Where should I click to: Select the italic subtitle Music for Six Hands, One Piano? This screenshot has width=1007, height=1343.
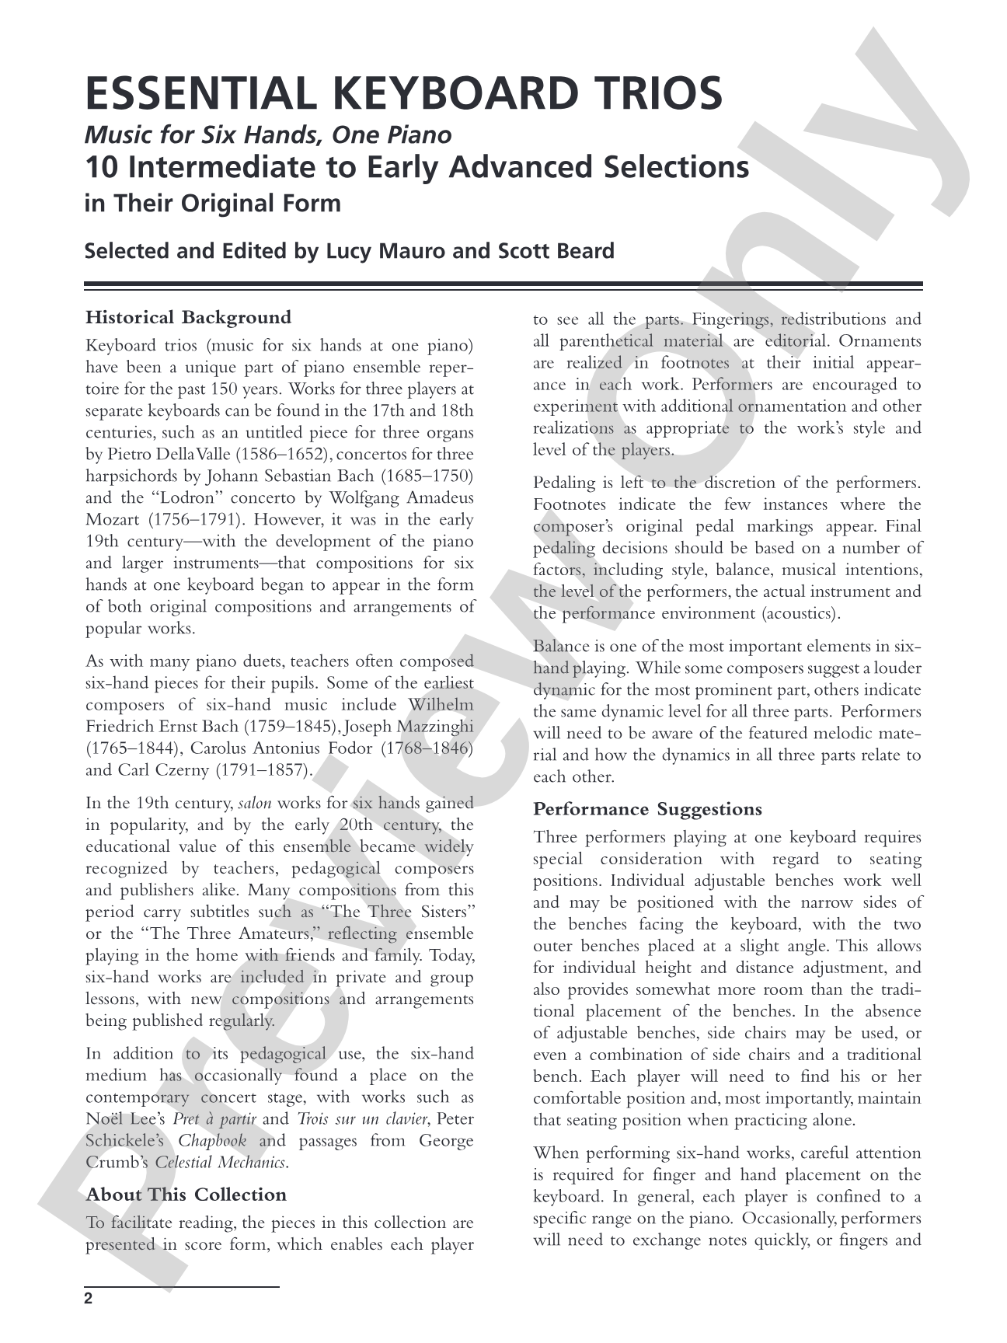click(x=267, y=135)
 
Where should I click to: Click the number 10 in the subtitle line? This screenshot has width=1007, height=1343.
click(x=100, y=168)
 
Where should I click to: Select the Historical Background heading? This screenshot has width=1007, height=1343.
click(x=188, y=317)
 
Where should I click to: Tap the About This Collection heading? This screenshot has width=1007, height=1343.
click(x=186, y=1195)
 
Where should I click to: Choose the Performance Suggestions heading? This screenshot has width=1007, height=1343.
click(x=647, y=809)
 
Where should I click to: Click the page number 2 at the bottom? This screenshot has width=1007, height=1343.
click(x=89, y=1299)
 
